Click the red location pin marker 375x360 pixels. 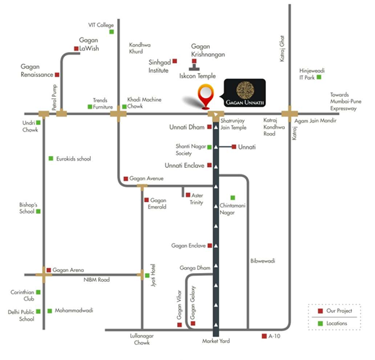(x=206, y=96)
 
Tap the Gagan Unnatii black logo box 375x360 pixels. (x=245, y=93)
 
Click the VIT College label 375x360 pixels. (x=101, y=25)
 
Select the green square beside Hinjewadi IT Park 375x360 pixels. (x=319, y=77)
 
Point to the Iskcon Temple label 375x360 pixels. (x=197, y=76)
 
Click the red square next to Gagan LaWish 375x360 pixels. (x=76, y=49)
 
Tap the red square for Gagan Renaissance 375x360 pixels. (x=57, y=74)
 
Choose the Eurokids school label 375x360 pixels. (x=74, y=159)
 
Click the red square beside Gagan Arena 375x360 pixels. (x=49, y=270)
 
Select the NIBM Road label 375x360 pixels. (x=97, y=280)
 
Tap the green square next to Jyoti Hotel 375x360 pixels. (x=147, y=276)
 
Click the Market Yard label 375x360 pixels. (x=216, y=341)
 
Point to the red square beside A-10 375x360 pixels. (x=264, y=336)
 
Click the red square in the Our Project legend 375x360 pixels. (x=320, y=311)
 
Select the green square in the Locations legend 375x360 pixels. (x=320, y=323)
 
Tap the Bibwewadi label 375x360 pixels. (x=263, y=261)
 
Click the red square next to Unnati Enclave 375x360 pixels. (x=209, y=165)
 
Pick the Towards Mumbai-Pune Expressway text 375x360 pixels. (x=346, y=101)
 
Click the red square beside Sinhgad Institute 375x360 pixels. (x=175, y=61)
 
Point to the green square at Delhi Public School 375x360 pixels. (x=38, y=311)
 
